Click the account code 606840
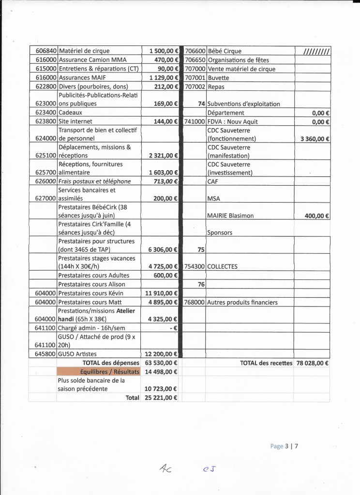pos(43,51)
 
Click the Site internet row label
pos(75,122)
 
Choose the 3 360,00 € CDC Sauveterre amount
pos(313,139)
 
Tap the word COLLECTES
pos(222,266)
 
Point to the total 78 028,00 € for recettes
pos(312,363)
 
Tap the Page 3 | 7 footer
pos(285,446)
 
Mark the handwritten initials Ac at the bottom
pos(165,468)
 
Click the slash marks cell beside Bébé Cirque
pos(316,51)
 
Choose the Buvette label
pos(218,78)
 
